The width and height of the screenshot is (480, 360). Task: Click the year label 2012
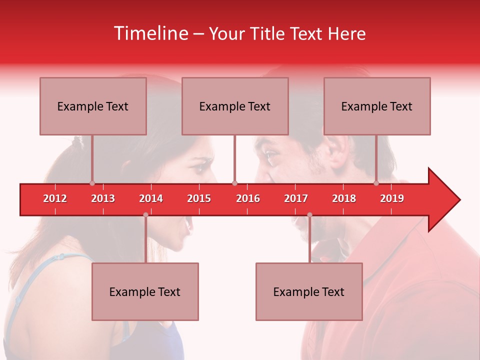tap(55, 198)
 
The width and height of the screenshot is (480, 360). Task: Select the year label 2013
tap(103, 198)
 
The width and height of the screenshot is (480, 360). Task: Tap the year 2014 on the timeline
tap(151, 198)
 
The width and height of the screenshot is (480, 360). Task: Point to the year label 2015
tap(199, 198)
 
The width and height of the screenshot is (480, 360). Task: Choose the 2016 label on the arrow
tap(248, 198)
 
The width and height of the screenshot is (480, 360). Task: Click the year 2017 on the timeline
tap(296, 198)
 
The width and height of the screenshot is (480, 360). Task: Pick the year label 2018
tap(344, 198)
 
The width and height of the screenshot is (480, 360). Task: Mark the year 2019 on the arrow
tap(392, 198)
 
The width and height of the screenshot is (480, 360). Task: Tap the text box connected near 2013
tap(93, 106)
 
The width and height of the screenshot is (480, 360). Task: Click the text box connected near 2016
tap(235, 106)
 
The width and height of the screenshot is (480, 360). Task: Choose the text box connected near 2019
tap(377, 106)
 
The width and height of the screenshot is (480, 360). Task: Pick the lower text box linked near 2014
tap(145, 291)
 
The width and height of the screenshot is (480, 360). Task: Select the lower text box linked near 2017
tap(309, 291)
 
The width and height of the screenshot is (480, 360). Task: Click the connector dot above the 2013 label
tap(92, 183)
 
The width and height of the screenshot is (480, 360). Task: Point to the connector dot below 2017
tap(309, 215)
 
